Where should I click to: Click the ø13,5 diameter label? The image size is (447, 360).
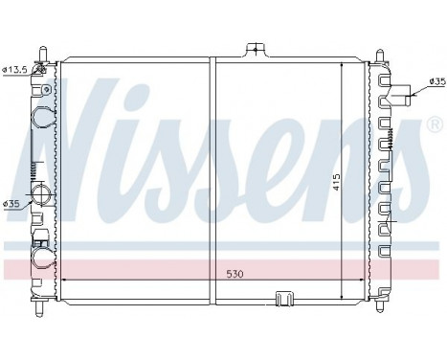coord(15,69)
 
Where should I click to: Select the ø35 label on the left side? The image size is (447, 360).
coord(12,204)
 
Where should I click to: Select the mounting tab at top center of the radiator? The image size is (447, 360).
coord(255,50)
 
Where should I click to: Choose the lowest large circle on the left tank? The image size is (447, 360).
coord(43,256)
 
